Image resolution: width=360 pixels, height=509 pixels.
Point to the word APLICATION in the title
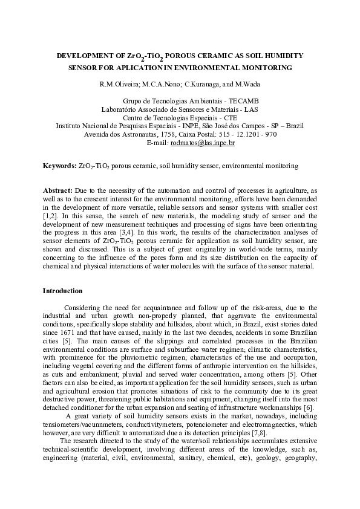[122, 68]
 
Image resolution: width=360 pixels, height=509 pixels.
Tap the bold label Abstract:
[57, 190]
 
